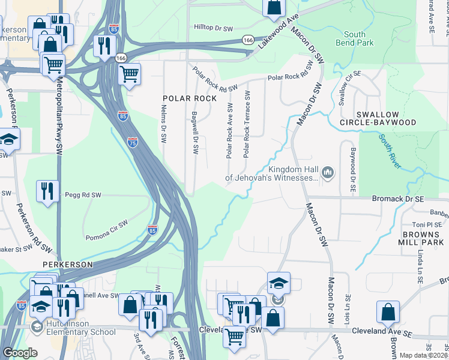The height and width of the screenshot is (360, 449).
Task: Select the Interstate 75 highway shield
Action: (133, 142)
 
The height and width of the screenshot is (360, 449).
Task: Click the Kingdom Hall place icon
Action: (328, 173)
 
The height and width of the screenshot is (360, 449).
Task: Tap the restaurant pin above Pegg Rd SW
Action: (47, 191)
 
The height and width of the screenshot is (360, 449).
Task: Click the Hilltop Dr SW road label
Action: (213, 28)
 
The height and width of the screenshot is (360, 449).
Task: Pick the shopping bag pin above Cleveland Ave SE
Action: (388, 312)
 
